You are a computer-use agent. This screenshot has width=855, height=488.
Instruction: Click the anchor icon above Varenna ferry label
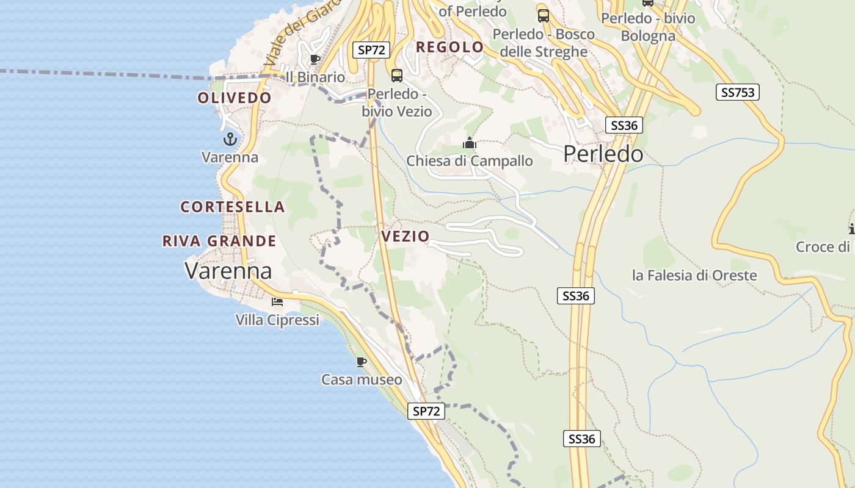(230, 139)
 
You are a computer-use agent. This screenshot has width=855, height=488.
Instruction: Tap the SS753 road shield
(738, 92)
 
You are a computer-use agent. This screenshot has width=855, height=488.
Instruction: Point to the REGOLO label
(449, 47)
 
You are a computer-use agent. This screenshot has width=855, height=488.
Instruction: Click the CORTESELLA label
(233, 207)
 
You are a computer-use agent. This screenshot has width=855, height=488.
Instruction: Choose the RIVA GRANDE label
(219, 241)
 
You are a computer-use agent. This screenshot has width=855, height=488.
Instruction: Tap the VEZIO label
(405, 236)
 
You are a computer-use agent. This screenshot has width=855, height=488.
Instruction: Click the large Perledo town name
(603, 154)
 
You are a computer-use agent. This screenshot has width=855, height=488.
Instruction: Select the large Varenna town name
(228, 270)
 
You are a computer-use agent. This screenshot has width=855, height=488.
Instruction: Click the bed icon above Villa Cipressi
(277, 301)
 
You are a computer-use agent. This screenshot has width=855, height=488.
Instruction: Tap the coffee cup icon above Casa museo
(362, 362)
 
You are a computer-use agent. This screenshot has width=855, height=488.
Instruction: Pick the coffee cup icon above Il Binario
(315, 59)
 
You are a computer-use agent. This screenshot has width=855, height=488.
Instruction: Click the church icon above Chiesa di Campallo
(470, 143)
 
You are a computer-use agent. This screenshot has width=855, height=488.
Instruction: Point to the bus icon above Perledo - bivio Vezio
(397, 76)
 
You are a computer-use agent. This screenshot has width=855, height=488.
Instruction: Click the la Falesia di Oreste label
(694, 275)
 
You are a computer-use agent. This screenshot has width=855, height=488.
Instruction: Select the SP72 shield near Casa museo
(426, 411)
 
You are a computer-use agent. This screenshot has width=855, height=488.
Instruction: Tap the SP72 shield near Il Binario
(371, 50)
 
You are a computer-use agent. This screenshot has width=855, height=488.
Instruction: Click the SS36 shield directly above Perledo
(624, 126)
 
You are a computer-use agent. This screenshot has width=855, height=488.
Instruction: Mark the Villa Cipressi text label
(277, 320)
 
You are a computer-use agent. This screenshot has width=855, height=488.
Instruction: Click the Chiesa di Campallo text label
(470, 161)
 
